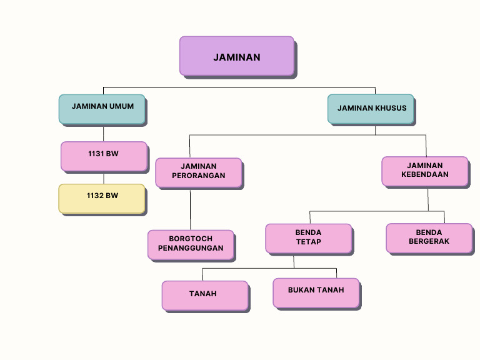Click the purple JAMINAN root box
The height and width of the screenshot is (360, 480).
[236, 56]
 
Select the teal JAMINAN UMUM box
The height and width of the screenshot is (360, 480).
[102, 109]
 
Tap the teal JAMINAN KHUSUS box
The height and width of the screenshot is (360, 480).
[371, 109]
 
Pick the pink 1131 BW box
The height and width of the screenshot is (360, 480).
[104, 156]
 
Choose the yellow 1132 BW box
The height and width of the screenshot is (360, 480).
[102, 198]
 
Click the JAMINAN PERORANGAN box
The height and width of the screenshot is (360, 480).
[198, 172]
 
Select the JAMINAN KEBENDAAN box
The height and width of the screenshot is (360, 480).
[424, 171]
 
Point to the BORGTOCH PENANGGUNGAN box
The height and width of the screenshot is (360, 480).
[191, 244]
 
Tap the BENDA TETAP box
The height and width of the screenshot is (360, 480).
[308, 238]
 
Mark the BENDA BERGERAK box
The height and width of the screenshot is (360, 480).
[429, 238]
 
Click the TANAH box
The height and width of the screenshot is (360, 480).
[205, 295]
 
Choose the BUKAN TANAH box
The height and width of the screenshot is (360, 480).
[316, 292]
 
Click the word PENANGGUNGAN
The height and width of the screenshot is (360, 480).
[191, 248]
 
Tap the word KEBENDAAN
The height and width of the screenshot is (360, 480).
[425, 175]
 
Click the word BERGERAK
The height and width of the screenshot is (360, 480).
[429, 241]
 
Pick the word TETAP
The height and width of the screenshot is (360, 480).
[308, 242]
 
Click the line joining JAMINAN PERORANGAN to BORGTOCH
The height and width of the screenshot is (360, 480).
[190, 209]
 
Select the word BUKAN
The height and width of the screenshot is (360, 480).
[301, 290]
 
